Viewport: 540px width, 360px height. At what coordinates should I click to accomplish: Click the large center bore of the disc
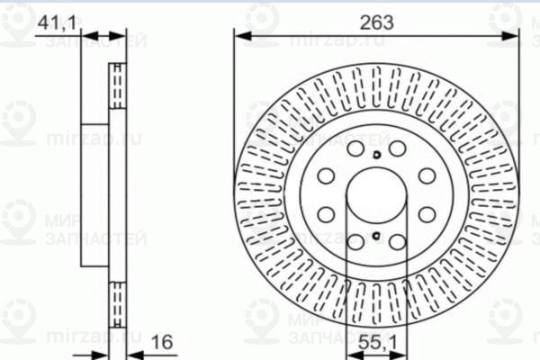pos(375,196)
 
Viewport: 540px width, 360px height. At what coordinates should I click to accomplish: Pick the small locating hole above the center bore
pos(375,155)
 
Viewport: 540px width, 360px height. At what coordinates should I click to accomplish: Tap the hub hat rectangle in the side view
pos(98,194)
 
